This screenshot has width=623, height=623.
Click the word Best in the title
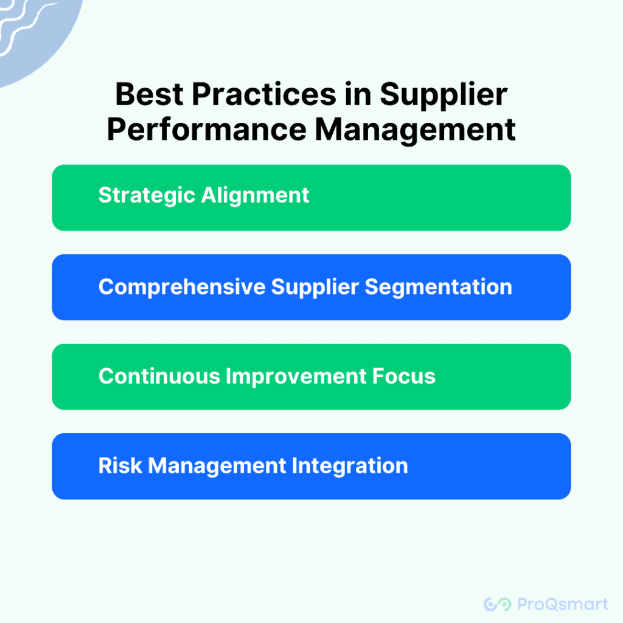click(x=150, y=94)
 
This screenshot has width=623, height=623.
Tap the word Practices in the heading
click(x=264, y=94)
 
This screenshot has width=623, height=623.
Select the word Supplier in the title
click(x=444, y=96)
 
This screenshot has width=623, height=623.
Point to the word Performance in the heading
click(x=207, y=130)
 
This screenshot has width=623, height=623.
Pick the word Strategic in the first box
click(x=147, y=196)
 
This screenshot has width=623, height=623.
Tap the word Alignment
click(x=256, y=196)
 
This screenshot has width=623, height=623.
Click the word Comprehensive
click(x=182, y=287)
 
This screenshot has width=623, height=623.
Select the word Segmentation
click(x=438, y=287)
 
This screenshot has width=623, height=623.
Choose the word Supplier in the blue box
click(x=315, y=288)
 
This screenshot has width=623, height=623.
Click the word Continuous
click(x=159, y=376)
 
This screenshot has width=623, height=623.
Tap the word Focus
click(x=404, y=376)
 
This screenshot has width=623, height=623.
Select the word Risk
click(x=120, y=465)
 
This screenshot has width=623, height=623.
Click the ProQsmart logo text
click(x=563, y=604)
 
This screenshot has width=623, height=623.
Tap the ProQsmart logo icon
click(x=498, y=604)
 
